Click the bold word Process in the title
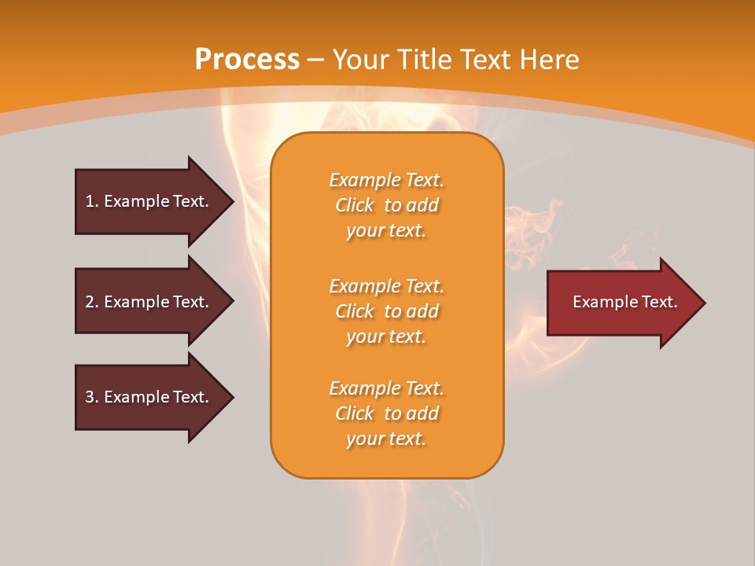click(x=247, y=60)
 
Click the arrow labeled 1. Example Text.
click(x=149, y=201)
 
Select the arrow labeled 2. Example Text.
click(x=149, y=302)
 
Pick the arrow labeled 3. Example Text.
click(x=149, y=397)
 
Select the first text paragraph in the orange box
click(x=386, y=205)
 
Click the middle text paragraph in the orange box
click(x=386, y=311)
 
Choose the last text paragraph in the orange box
click(x=386, y=413)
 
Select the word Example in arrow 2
click(x=137, y=302)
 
